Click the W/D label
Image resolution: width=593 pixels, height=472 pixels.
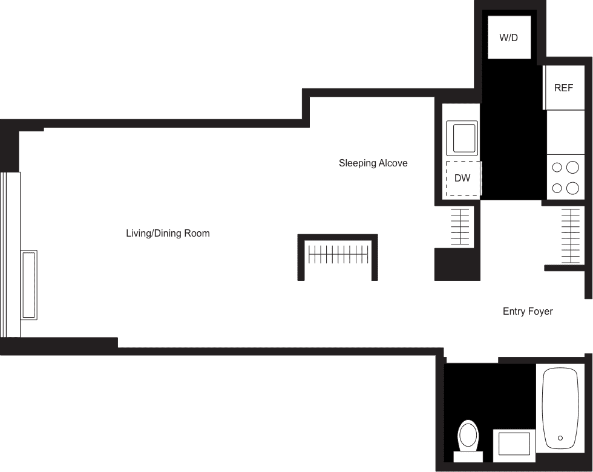point(509,38)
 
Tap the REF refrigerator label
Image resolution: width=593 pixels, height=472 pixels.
point(563,88)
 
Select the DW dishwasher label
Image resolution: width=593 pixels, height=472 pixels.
point(462,178)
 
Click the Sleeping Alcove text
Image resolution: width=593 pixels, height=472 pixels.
point(373,163)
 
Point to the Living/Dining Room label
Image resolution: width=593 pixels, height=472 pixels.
point(168,233)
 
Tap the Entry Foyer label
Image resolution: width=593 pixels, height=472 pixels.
point(528,311)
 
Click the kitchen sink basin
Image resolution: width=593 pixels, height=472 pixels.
point(462,138)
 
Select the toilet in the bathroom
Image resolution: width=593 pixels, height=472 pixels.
point(468,441)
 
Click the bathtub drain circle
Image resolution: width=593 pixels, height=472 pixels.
point(560,438)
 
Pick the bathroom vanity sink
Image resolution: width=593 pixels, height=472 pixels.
point(514,445)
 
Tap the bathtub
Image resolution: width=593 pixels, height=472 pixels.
point(560,408)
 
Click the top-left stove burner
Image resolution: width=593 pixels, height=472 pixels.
point(557,167)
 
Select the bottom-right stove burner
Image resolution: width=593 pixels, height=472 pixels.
point(572,188)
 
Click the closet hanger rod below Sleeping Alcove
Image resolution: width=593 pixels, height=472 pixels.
point(338,255)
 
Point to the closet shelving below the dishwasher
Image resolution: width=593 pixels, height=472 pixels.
point(460,226)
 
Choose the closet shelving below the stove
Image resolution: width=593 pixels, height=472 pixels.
point(570,236)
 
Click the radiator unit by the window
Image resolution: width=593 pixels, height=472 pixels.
point(29,285)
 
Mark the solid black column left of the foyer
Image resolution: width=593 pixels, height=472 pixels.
point(457,264)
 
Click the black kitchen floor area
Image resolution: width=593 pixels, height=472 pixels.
point(514,128)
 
